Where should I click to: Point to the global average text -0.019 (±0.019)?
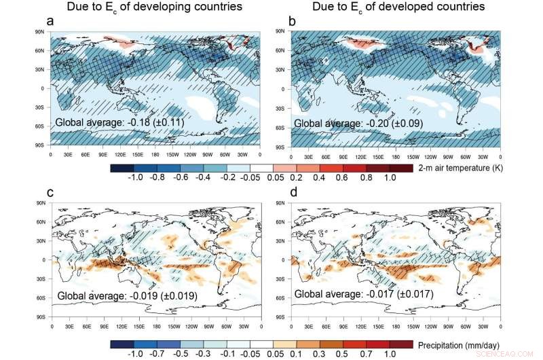pos(119,296)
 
